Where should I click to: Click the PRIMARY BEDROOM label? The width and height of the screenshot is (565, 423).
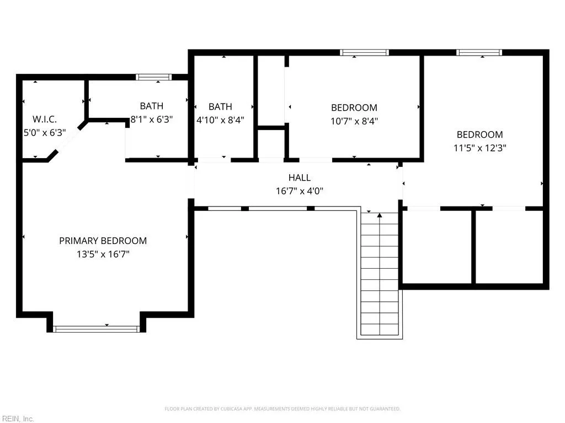[x=103, y=241]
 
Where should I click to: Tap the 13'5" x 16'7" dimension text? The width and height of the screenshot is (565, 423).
[x=103, y=254]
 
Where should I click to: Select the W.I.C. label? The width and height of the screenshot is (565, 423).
[x=45, y=119]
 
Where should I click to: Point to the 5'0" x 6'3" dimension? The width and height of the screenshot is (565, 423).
[x=45, y=133]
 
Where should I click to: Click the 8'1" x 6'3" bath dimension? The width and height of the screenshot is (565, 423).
[x=152, y=120]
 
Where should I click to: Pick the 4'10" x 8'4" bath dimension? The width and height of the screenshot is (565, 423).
[x=220, y=120]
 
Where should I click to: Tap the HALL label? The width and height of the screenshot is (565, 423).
[x=300, y=178]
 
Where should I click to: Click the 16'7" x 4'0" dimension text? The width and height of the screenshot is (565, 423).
[x=300, y=191]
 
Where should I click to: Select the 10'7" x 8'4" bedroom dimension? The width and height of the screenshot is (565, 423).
[x=354, y=121]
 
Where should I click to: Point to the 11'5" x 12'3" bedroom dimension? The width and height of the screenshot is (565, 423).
[x=480, y=148]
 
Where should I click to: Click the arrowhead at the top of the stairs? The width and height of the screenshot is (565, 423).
[x=380, y=215]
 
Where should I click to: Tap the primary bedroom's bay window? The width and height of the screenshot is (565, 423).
[x=96, y=329]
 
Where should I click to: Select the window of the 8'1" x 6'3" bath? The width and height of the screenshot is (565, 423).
[x=153, y=77]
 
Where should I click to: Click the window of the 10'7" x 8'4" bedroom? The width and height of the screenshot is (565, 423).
[x=364, y=52]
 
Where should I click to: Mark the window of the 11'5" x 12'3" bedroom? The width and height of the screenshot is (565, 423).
[x=479, y=52]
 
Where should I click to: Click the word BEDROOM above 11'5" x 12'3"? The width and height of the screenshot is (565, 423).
[x=480, y=134]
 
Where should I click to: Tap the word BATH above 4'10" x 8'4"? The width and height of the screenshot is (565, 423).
[x=220, y=107]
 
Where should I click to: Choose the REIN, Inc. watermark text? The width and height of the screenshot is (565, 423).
[x=18, y=419]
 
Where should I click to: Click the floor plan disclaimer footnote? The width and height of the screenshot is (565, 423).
[x=282, y=409]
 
